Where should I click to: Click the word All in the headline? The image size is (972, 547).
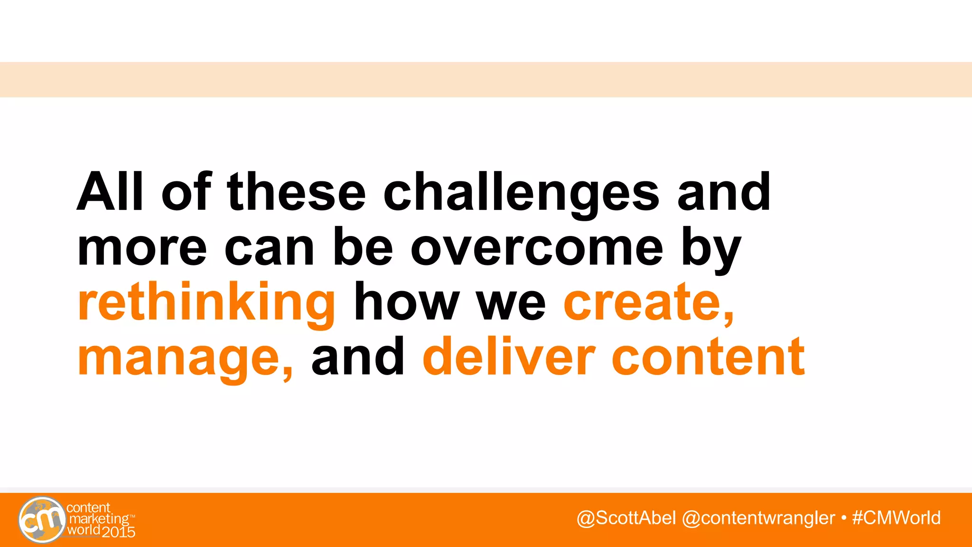(110, 192)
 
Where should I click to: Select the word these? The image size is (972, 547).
(297, 193)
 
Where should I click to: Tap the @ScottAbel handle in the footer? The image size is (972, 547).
(626, 518)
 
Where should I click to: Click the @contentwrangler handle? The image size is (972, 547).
(758, 518)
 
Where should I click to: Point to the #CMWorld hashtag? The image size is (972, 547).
(896, 518)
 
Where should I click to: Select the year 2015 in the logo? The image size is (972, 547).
(118, 532)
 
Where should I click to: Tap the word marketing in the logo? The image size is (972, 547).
(99, 519)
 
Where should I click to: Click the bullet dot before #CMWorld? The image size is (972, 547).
(843, 518)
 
